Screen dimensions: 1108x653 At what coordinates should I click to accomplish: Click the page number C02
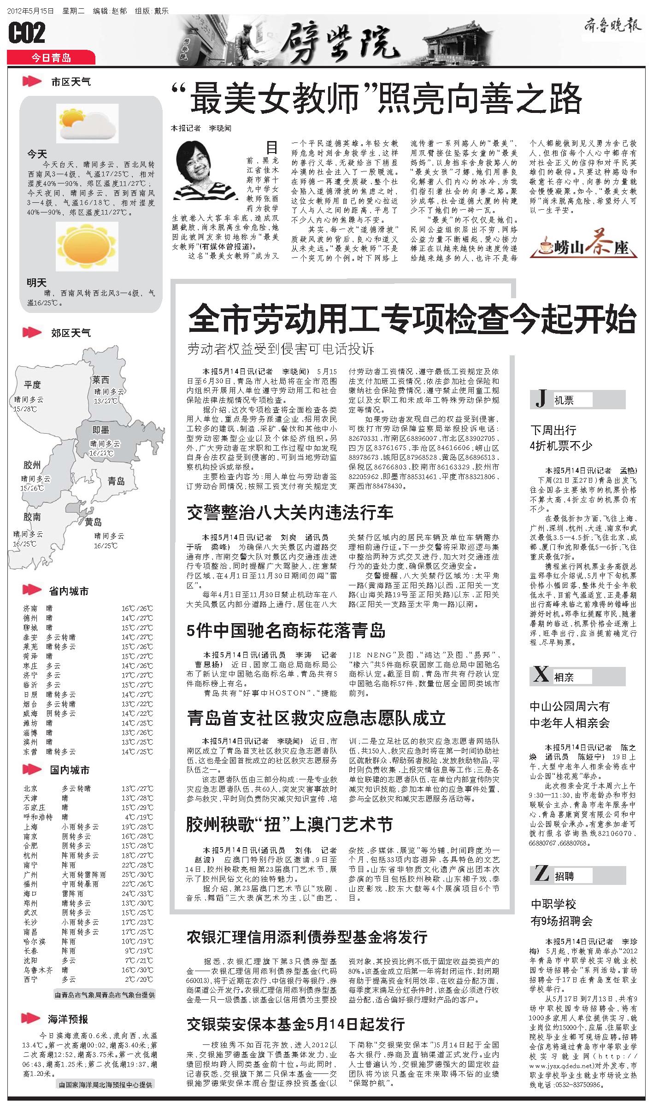pyautogui.click(x=27, y=33)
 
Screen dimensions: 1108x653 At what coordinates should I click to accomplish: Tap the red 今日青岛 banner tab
pyautogui.click(x=51, y=58)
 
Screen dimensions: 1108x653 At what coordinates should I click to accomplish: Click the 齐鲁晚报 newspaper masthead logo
pyautogui.click(x=613, y=26)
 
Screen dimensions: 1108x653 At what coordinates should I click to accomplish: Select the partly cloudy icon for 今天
pyautogui.click(x=87, y=123)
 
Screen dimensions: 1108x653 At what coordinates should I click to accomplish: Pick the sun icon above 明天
pyautogui.click(x=87, y=248)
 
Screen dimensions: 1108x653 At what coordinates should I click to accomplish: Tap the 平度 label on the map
pyautogui.click(x=33, y=384)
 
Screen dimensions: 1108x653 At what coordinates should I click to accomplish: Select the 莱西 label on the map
pyautogui.click(x=100, y=380)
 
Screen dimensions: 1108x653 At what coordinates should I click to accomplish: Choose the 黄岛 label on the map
pyautogui.click(x=93, y=522)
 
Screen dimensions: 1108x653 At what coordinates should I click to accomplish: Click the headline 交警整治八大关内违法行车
pyautogui.click(x=290, y=513)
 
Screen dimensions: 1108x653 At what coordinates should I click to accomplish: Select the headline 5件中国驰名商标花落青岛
pyautogui.click(x=286, y=631)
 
